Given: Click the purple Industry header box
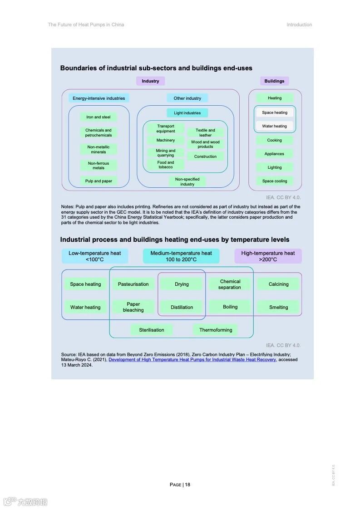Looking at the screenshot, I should [x=150, y=81].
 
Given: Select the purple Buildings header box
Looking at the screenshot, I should [x=274, y=81].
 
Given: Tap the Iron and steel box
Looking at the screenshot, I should [x=99, y=117].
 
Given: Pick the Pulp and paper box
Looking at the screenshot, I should [x=99, y=181].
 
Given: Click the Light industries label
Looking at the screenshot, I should [x=187, y=113].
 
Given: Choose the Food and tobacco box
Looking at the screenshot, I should [x=166, y=165].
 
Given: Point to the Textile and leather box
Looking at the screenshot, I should [x=205, y=132].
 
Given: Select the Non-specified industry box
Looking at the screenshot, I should [x=187, y=181].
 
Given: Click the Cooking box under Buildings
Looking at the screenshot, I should [x=274, y=140].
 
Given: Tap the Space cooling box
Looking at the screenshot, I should [x=274, y=181].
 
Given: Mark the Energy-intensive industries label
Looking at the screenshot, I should [x=99, y=98].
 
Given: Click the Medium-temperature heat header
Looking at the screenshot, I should [x=181, y=256].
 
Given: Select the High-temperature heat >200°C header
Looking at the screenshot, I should [x=268, y=256].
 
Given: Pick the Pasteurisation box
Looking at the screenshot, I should [x=133, y=284].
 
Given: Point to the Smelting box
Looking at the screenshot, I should [x=278, y=307].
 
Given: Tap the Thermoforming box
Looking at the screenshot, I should [x=216, y=330].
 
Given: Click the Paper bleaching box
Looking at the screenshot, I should [x=133, y=307].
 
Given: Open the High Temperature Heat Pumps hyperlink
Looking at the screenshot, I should [x=192, y=360].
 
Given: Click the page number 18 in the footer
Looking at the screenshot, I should [x=187, y=485].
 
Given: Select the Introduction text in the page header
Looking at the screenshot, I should [x=299, y=25].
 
